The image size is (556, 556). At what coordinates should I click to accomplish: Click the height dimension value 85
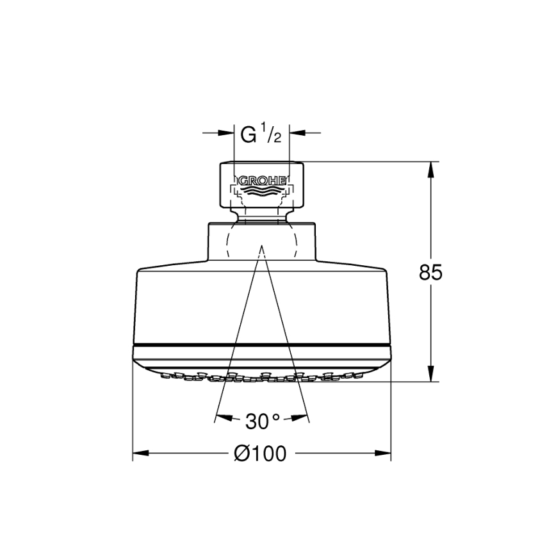pyautogui.click(x=430, y=272)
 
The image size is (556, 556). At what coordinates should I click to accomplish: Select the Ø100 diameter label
pyautogui.click(x=260, y=454)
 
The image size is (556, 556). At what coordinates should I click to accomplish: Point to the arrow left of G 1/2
pyautogui.click(x=225, y=133)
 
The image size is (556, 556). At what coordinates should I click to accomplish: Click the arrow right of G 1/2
pyautogui.click(x=297, y=133)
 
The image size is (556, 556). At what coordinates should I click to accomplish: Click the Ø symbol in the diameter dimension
pyautogui.click(x=241, y=454)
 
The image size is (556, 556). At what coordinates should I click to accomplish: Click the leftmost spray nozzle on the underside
pyautogui.click(x=161, y=373)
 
